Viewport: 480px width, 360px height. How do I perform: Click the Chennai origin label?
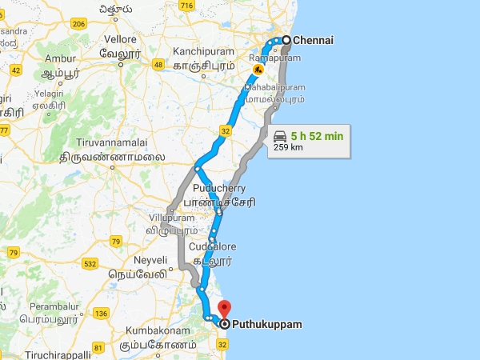pyautogui.click(x=313, y=39)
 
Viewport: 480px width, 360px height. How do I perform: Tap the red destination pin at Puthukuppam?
pyautogui.click(x=225, y=310)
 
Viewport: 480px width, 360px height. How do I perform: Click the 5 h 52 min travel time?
pyautogui.click(x=319, y=136)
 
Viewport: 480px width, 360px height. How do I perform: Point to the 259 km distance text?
pyautogui.click(x=288, y=147)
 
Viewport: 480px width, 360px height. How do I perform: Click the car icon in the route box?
pyautogui.click(x=280, y=136)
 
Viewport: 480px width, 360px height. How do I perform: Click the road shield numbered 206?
pyautogui.click(x=78, y=25)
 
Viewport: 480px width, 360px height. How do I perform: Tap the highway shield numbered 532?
pyautogui.click(x=90, y=263)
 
